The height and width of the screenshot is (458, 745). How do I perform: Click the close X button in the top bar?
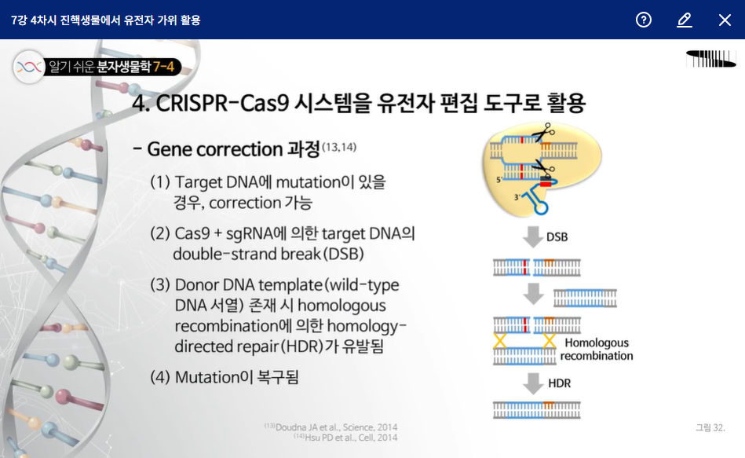(725, 20)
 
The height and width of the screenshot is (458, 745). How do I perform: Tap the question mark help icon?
(644, 20)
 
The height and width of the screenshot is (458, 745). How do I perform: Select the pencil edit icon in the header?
(685, 20)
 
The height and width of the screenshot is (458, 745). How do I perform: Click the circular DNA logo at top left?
(29, 67)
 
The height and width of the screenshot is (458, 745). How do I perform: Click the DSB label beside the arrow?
(557, 237)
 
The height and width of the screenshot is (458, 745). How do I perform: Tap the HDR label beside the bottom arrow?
(560, 383)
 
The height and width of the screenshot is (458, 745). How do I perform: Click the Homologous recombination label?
(597, 350)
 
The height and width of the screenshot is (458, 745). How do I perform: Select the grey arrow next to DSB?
(533, 236)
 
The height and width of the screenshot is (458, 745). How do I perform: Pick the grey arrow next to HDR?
(534, 383)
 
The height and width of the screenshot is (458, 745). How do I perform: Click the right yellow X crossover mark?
(550, 340)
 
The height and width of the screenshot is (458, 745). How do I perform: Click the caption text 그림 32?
(710, 427)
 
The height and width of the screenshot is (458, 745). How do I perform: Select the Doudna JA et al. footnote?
(334, 427)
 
